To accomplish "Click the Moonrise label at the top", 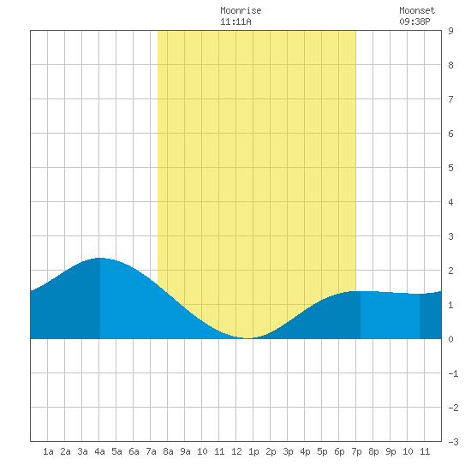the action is tap(241, 10).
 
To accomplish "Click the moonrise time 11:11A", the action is tap(235, 21).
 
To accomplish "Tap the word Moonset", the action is tap(417, 10).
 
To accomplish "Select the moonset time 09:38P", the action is tap(414, 21).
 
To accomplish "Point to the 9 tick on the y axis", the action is tap(450, 31).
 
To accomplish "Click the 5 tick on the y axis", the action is tap(450, 168).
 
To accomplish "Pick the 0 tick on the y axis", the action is tap(450, 339).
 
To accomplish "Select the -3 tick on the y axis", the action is tap(453, 442).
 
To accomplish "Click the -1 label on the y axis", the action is tap(453, 373).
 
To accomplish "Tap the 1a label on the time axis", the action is tap(48, 451).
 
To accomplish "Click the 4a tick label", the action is tap(99, 451).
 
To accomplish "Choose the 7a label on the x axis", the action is tap(151, 451).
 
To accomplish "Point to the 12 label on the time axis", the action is tap(236, 451).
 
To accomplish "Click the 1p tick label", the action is tap(253, 451).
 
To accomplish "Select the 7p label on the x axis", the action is tap(356, 451).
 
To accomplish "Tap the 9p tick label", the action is tap(391, 451).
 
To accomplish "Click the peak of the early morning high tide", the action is tap(99, 258).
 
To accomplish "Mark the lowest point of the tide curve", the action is tap(247, 338).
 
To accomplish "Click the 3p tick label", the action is tap(288, 451).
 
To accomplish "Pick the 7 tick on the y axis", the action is tap(450, 99).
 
